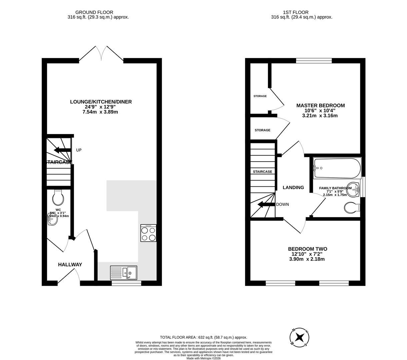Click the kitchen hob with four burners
(148, 233)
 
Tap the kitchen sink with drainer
(123, 273)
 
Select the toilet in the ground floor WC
(58, 198)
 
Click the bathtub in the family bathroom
(337, 168)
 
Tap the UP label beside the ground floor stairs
(79, 150)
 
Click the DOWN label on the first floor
(282, 204)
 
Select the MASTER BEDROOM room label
(320, 106)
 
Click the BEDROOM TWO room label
(307, 249)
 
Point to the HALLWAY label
(70, 265)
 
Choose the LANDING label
(293, 188)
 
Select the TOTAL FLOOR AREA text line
(203, 337)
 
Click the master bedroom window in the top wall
(314, 60)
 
